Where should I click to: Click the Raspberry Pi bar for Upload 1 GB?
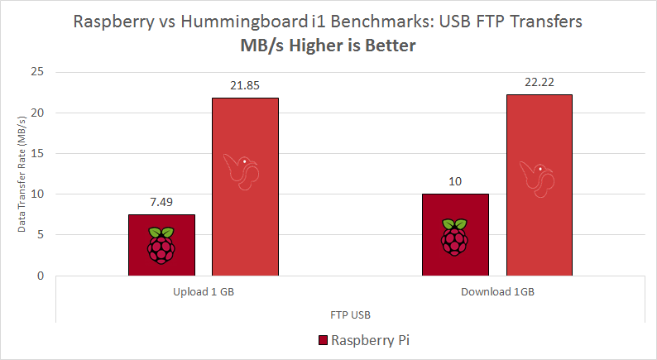click(x=161, y=245)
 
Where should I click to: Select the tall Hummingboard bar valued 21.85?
click(x=245, y=186)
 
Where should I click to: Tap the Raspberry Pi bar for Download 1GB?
click(x=455, y=235)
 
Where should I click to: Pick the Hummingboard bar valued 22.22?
click(x=539, y=185)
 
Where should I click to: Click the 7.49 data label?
click(x=161, y=202)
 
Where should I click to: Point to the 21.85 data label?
click(x=245, y=85)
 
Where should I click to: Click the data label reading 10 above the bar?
click(x=455, y=181)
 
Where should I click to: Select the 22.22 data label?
click(x=539, y=82)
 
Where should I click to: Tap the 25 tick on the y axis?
click(x=37, y=72)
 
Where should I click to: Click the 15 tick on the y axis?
click(x=37, y=153)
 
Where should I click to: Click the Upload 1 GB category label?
click(x=203, y=293)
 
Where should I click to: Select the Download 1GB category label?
click(x=496, y=293)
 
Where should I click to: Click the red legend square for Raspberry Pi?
click(x=323, y=340)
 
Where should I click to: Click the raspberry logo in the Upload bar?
click(x=161, y=243)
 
